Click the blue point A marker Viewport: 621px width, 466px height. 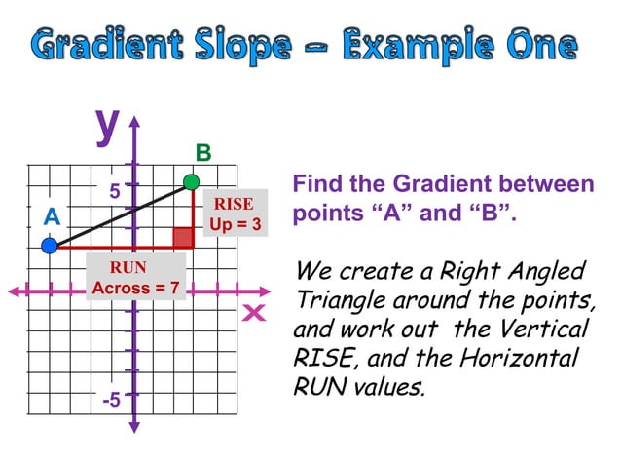coord(50,248)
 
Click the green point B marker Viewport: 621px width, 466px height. coord(192,181)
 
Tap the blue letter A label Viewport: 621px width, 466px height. coord(52,217)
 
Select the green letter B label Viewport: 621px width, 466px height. coord(202,153)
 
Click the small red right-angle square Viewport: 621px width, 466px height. coord(182,237)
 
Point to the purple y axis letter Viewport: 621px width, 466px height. coord(106,124)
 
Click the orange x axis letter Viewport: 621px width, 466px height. coord(255,313)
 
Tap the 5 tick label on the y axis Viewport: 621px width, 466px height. coord(115,192)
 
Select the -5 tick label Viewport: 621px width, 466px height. coord(112,400)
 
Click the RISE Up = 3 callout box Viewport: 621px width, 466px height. coord(235,214)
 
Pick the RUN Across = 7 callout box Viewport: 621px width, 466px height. coord(134,278)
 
